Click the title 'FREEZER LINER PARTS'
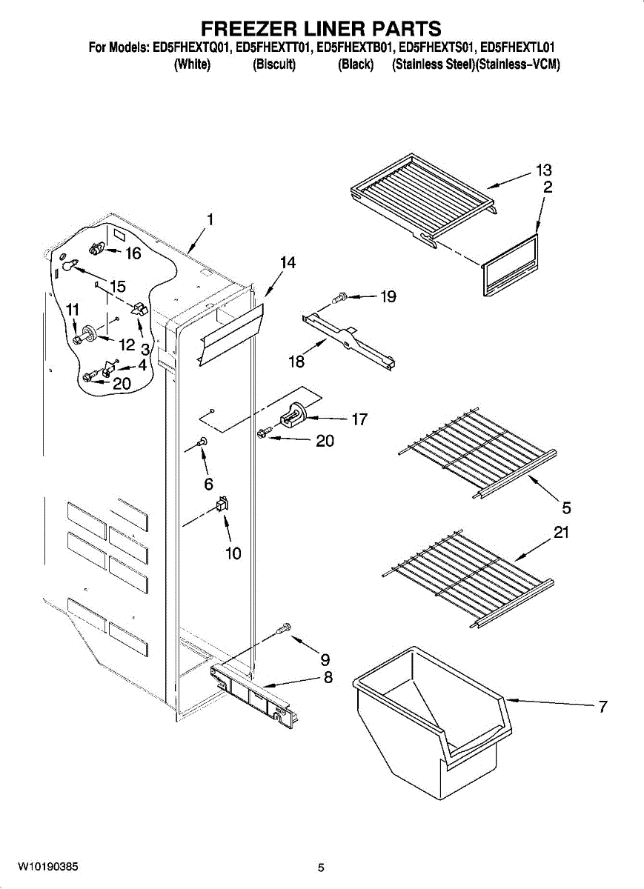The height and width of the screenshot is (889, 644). (322, 29)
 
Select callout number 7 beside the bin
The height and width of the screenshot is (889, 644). (602, 707)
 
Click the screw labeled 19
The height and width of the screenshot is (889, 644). (340, 298)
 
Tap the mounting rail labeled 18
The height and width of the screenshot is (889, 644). (348, 337)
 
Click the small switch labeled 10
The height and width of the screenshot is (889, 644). (221, 505)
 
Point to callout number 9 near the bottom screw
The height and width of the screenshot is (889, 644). (325, 659)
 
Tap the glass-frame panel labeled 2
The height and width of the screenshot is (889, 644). (510, 265)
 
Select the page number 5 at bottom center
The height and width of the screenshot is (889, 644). (321, 868)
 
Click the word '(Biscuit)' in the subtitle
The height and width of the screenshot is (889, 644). (274, 65)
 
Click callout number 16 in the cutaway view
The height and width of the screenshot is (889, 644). (132, 253)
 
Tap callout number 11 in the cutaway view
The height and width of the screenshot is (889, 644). (73, 310)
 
